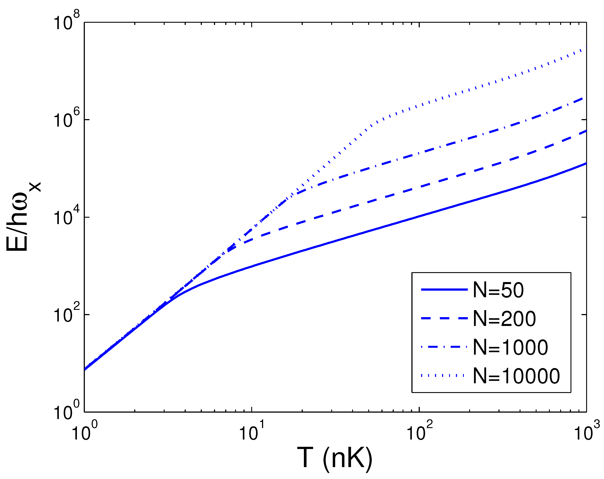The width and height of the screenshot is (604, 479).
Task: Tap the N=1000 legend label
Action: tap(510, 348)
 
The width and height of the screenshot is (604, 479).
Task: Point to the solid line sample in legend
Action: tap(444, 289)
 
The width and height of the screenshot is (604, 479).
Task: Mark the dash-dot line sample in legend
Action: tap(444, 347)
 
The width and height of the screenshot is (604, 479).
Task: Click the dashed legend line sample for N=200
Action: tap(444, 318)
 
